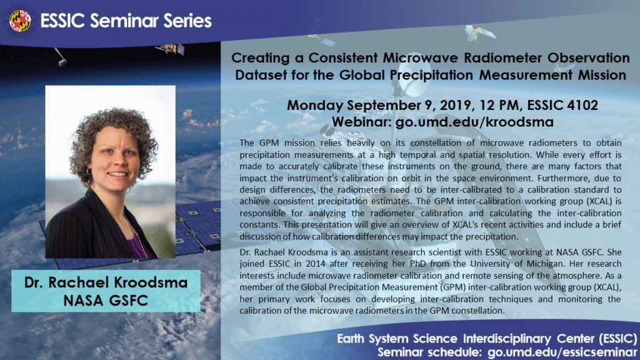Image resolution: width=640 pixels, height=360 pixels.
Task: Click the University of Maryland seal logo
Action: (20, 21)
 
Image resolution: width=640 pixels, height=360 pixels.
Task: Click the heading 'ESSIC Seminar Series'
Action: (126, 21)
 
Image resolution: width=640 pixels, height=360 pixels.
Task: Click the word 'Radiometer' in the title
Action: (467, 58)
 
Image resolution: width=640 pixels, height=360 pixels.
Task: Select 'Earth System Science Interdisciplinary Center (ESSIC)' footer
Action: (487, 339)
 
